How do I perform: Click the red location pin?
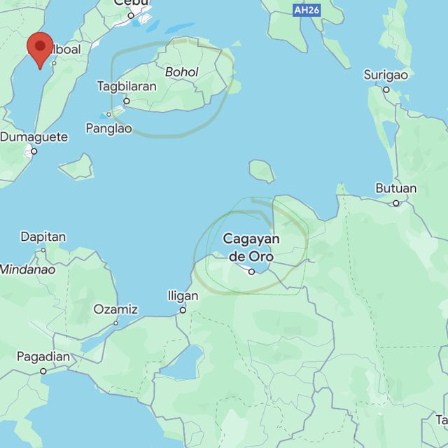(x=40, y=50)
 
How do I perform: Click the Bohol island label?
(x=182, y=72)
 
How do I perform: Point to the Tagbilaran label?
(x=127, y=87)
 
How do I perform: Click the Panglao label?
(x=108, y=128)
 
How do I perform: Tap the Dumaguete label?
(x=34, y=137)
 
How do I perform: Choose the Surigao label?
(x=386, y=75)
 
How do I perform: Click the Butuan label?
(x=395, y=188)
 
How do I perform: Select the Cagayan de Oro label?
(x=251, y=248)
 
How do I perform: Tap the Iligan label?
(x=183, y=296)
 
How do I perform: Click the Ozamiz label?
(x=115, y=309)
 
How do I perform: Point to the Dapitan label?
(x=43, y=237)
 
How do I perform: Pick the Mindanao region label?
(x=27, y=269)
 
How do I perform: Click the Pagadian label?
(x=43, y=357)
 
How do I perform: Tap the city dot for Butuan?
(x=396, y=203)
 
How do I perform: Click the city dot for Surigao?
(x=386, y=90)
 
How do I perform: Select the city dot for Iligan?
(x=183, y=309)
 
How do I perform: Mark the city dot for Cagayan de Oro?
(x=252, y=272)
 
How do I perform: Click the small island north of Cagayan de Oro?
(x=261, y=170)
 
